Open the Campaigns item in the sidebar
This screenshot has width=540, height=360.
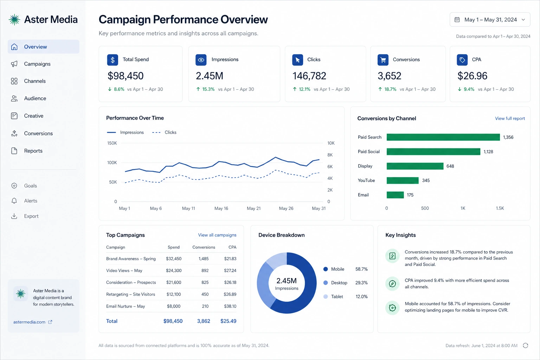[x=37, y=64]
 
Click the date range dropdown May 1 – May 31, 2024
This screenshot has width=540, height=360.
[x=490, y=20]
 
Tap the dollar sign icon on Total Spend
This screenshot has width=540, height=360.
[x=112, y=60]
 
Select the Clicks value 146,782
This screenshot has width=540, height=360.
[x=309, y=76]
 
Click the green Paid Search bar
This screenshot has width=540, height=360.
[x=443, y=137]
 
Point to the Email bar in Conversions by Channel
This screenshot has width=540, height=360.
[x=395, y=195]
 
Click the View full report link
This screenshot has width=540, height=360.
[x=510, y=118]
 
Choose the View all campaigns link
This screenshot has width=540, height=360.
[x=217, y=235]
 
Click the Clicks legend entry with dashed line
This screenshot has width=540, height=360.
[x=164, y=133]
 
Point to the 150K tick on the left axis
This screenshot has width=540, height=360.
[x=112, y=143]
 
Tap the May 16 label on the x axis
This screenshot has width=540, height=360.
[x=221, y=208]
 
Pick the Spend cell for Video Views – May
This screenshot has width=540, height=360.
[x=174, y=271]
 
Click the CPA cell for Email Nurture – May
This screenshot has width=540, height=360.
[x=230, y=306]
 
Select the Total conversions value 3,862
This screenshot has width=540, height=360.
[x=204, y=321]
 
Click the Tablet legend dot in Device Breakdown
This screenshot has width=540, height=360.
[x=326, y=297]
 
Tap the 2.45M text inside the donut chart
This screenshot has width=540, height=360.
[x=287, y=281]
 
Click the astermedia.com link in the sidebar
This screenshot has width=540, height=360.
[x=29, y=322]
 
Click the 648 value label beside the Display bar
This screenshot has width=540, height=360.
[x=450, y=166]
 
